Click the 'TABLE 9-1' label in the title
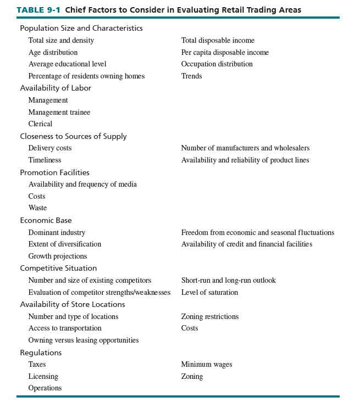pos(38,10)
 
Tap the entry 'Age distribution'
pos(53,52)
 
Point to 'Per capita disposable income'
pos(225,52)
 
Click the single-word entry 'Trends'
pos(191,76)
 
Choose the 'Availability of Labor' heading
pos(56,88)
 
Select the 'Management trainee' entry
pos(59,112)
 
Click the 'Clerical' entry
pos(40,124)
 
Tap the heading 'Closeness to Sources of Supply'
pos(73,136)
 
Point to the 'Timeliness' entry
pos(45,160)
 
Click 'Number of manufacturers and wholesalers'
pos(245,148)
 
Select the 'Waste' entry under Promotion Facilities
pos(37,208)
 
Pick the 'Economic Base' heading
pos(46,220)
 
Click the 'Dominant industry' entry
pos(57,232)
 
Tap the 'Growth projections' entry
pos(57,256)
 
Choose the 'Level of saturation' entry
pos(209,293)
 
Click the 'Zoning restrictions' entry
pos(210,316)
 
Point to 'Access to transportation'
pos(65,328)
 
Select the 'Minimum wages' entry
pos(207,365)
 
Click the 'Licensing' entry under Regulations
pos(43,377)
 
